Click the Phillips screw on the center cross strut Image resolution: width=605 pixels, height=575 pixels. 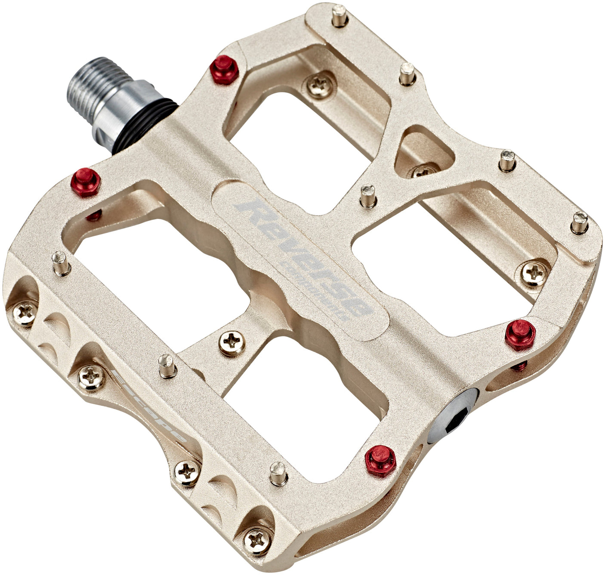tap(232, 343)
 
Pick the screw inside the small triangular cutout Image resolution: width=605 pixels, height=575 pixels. tap(423, 172)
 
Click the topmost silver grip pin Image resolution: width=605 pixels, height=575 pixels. tap(340, 15)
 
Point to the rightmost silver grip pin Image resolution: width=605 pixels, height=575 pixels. tap(580, 222)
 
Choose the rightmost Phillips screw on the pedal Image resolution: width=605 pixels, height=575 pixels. tap(534, 273)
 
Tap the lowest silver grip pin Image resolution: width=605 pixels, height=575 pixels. tap(278, 473)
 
